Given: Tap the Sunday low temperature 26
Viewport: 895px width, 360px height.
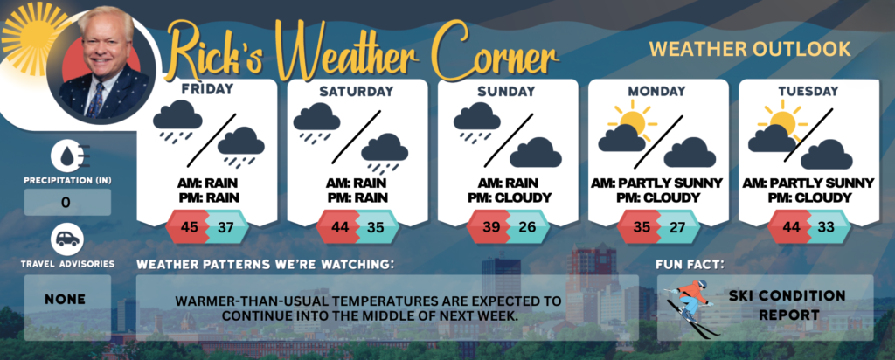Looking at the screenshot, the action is pos(528,227).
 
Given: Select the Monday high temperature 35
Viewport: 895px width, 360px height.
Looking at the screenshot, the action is pos(642,227).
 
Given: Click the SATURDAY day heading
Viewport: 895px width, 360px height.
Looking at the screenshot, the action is pos(357,91).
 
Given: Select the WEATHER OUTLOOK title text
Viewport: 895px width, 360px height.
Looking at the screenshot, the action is pos(750,49).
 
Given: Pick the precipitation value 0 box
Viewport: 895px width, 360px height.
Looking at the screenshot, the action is pos(67,202).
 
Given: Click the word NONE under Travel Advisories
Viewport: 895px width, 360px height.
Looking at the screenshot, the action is pos(66,299).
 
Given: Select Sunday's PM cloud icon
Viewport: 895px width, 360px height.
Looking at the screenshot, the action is pos(536,152).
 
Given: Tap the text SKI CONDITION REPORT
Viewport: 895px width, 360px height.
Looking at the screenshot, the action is pos(787,305).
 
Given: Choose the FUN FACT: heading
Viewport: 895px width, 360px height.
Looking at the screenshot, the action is pos(690,265).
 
